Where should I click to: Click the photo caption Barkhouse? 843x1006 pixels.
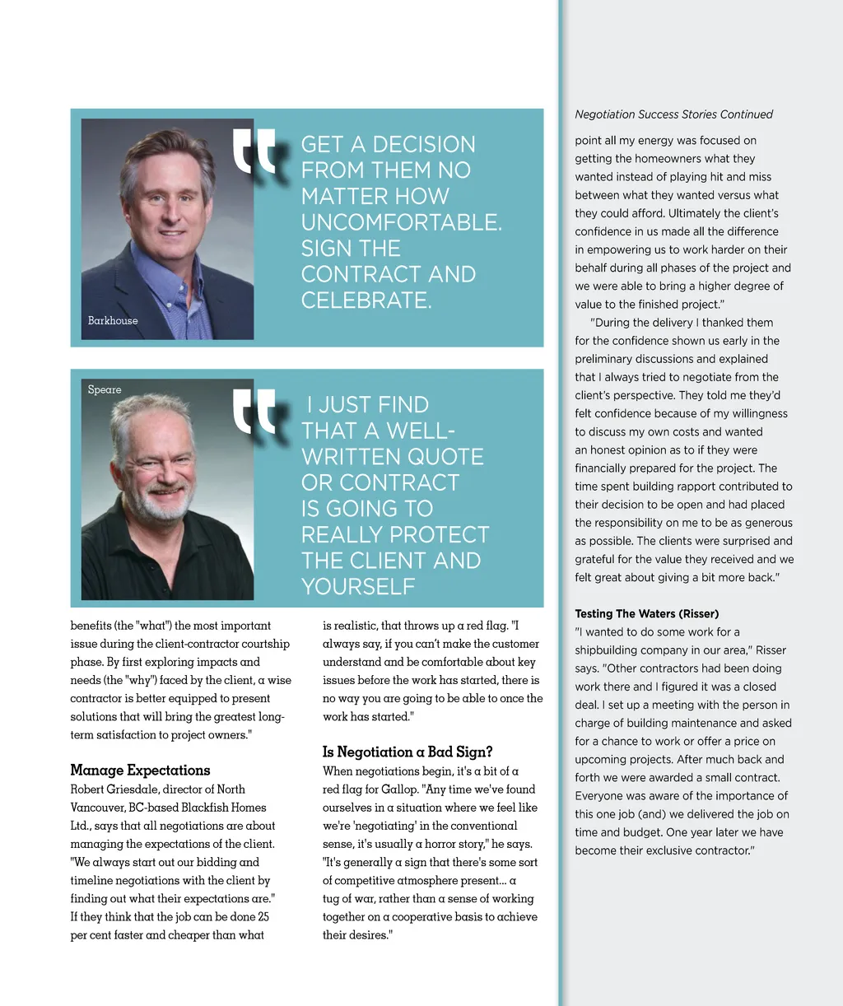coord(113,320)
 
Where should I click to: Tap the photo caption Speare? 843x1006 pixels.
coord(105,389)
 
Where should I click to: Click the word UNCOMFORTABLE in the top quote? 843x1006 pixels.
coord(400,222)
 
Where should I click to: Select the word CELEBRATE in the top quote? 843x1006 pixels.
coord(366,300)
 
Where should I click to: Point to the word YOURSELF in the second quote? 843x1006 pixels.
coord(358,586)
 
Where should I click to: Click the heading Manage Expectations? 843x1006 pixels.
coord(140,771)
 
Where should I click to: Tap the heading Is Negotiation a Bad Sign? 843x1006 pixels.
coord(408,752)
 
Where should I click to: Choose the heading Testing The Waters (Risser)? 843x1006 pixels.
coord(646,613)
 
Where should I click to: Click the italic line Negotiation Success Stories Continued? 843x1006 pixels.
coord(673,114)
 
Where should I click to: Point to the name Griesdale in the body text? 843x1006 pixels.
coord(140,789)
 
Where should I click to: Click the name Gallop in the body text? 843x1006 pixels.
coord(399,789)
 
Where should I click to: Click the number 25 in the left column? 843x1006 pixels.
coord(263,916)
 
